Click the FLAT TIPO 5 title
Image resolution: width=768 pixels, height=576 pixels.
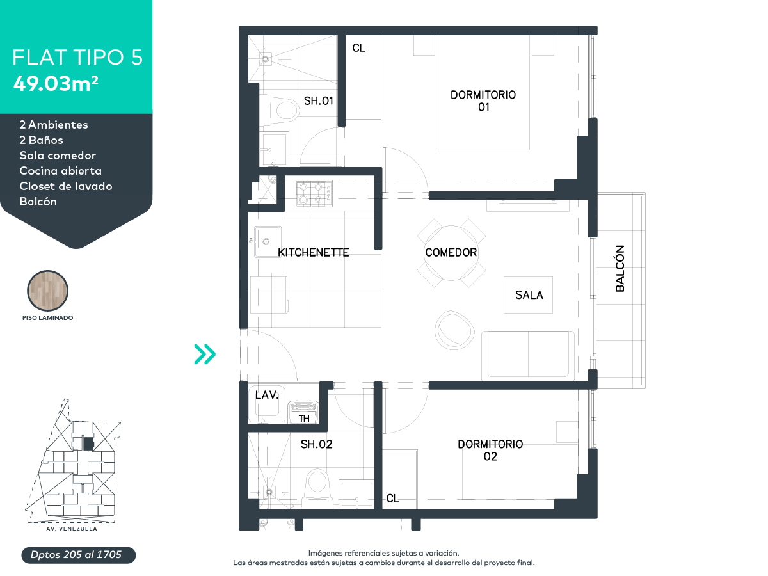pos(77,57)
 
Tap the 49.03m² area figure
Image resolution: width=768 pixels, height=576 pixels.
pos(56,84)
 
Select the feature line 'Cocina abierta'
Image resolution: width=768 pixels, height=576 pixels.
pos(61,171)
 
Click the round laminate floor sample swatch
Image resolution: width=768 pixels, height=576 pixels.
pos(47,291)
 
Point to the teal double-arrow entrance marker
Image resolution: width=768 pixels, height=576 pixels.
pos(205,354)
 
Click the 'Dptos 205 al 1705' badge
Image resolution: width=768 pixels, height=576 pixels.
pos(78,555)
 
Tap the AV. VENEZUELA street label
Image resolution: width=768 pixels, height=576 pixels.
pos(72,529)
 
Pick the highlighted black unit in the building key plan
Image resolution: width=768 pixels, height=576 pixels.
pos(88,444)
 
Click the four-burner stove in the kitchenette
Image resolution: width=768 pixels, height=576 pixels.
pos(314,193)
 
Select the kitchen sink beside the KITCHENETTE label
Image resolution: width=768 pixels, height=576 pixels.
pos(268,241)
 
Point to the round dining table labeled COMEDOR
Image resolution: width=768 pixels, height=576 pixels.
pos(451,253)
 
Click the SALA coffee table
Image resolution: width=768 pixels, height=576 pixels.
pos(528,295)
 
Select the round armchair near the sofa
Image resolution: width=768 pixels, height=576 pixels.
pos(454,330)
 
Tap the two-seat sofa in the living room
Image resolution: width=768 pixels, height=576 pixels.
pos(528,355)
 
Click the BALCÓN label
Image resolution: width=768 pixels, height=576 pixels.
pos(620,268)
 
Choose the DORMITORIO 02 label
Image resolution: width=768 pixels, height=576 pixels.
pos(490,450)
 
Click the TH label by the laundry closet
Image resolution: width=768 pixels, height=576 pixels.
pos(304,419)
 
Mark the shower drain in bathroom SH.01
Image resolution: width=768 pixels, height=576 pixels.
pos(266,59)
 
